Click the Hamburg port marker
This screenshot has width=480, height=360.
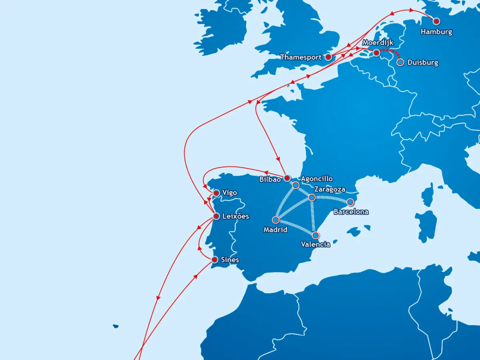click(x=436, y=21)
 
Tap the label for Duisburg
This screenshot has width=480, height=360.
click(x=422, y=63)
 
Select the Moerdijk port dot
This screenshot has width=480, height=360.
click(x=376, y=53)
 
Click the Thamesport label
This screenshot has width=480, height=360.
click(x=300, y=58)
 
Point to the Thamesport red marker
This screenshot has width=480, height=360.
click(x=328, y=57)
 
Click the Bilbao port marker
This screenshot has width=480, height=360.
click(x=287, y=178)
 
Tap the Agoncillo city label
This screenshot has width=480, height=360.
click(x=316, y=179)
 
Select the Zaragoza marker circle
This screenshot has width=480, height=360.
click(x=312, y=197)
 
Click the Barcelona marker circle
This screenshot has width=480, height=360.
click(x=350, y=202)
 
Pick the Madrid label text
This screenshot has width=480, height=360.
click(x=275, y=230)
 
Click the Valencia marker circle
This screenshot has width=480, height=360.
click(x=316, y=235)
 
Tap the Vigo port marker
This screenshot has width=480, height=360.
click(x=216, y=193)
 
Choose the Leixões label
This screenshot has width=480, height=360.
click(x=235, y=216)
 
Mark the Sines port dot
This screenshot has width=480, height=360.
click(x=214, y=260)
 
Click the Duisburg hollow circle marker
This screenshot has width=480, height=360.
click(x=400, y=62)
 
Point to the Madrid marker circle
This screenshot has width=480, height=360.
click(x=276, y=220)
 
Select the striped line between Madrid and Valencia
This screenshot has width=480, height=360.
click(x=296, y=227)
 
